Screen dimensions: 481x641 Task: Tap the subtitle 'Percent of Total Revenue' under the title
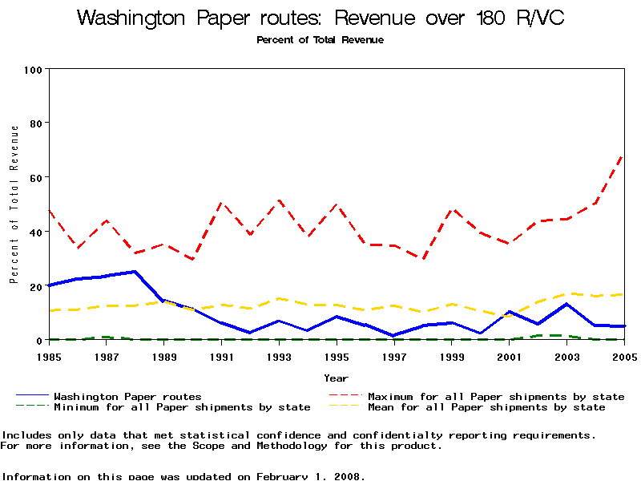tap(320, 40)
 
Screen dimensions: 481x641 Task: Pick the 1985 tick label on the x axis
tap(50, 356)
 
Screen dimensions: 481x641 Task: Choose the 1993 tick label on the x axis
tap(279, 356)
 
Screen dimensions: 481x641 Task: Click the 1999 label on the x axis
tap(451, 356)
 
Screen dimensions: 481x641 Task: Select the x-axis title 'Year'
tap(336, 378)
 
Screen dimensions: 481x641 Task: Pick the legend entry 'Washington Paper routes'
tap(127, 396)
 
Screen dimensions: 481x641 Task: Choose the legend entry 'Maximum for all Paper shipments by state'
tap(496, 396)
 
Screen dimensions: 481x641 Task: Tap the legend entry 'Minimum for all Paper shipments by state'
tap(182, 407)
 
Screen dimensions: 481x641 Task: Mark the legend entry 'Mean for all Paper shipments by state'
tap(486, 407)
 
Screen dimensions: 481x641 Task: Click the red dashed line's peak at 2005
tap(623, 155)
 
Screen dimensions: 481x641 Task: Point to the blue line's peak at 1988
tap(135, 272)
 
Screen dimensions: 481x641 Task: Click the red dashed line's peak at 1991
tap(222, 204)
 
